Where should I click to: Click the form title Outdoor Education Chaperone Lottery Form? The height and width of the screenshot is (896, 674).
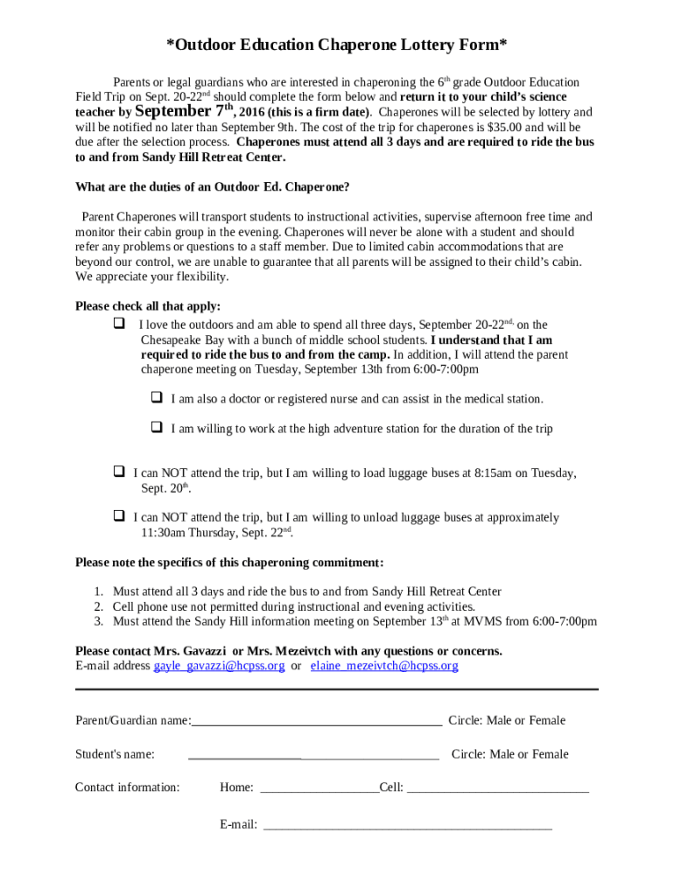click(x=337, y=45)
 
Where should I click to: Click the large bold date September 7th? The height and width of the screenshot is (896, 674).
click(x=185, y=112)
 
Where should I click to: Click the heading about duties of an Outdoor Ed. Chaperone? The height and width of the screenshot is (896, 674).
click(x=213, y=187)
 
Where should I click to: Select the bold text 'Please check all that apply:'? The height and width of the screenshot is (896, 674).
click(x=148, y=306)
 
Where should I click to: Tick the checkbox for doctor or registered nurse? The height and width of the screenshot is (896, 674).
click(x=157, y=398)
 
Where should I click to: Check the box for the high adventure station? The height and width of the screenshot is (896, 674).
click(x=157, y=428)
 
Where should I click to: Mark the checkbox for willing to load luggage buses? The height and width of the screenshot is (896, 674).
click(x=118, y=472)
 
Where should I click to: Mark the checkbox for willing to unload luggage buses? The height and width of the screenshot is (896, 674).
click(x=118, y=516)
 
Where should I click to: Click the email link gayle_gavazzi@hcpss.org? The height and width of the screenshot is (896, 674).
click(x=219, y=666)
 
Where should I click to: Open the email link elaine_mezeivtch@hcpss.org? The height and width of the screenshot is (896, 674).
click(x=384, y=666)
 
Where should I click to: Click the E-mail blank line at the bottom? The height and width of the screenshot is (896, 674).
click(x=407, y=825)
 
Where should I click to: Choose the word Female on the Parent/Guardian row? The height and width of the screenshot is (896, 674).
click(x=546, y=721)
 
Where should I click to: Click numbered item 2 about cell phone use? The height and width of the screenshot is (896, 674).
click(x=293, y=606)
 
